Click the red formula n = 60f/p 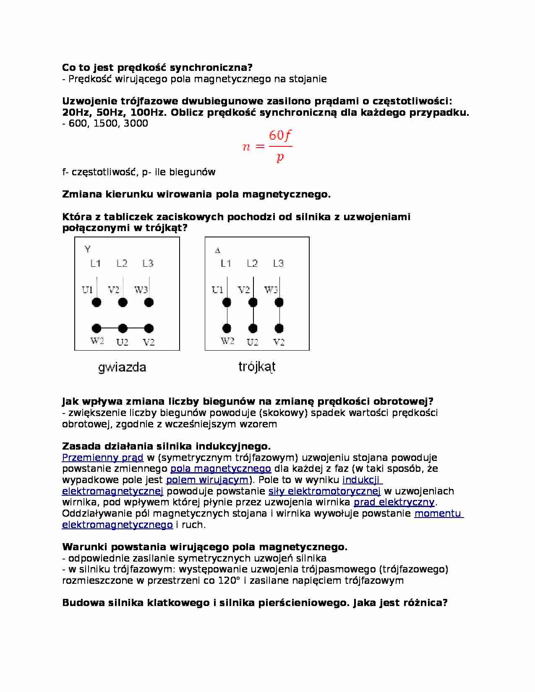point(267,146)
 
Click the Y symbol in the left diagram point(87,249)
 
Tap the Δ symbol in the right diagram point(217,251)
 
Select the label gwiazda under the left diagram point(122,367)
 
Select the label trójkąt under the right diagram point(257,367)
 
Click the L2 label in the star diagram point(122,263)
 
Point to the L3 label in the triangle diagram point(278,263)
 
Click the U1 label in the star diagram point(87,290)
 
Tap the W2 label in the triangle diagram point(227,341)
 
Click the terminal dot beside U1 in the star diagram point(97,302)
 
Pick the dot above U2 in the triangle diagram point(253,328)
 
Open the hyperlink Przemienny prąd point(103,458)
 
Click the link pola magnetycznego point(221,468)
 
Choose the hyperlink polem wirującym point(207,480)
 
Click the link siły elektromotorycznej point(324,491)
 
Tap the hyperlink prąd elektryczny point(394,502)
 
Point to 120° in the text point(229,580)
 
